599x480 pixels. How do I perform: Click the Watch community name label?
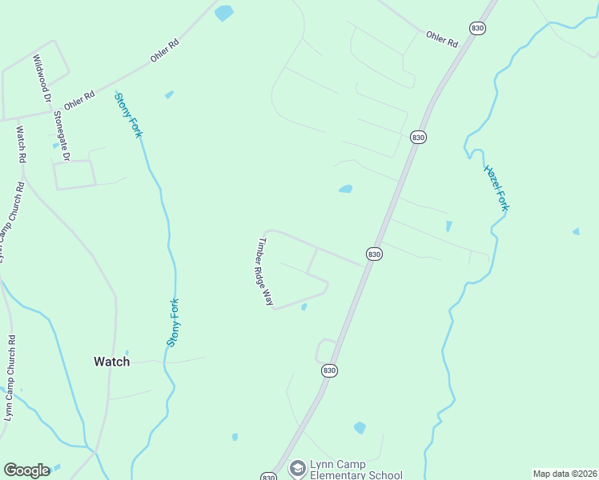point(111,362)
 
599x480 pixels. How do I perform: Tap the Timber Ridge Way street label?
point(264,272)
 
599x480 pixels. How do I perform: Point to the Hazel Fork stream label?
point(496,188)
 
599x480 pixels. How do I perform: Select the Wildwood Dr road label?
point(42,78)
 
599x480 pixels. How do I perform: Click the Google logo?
point(26,470)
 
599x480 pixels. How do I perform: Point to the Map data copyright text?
point(564,474)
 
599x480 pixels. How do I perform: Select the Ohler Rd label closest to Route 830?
point(441,39)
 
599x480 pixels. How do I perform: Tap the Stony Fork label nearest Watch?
point(173,322)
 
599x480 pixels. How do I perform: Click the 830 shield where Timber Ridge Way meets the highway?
point(374,254)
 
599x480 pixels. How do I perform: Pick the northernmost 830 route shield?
point(478,28)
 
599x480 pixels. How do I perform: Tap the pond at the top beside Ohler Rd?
point(224,13)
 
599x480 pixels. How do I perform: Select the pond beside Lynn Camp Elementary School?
point(360,428)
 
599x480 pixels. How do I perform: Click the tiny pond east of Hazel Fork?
point(576,232)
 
